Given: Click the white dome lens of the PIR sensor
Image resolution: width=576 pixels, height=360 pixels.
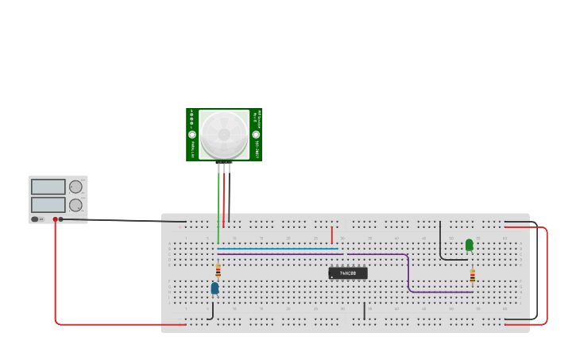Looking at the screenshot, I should [224, 134].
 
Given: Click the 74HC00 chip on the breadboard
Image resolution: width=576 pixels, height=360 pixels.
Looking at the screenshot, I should [348, 273].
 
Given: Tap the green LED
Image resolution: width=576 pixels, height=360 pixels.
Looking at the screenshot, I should [469, 245].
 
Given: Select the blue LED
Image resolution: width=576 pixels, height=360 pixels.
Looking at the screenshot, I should [215, 288].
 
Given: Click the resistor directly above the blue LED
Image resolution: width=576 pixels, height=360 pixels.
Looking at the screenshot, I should [218, 271].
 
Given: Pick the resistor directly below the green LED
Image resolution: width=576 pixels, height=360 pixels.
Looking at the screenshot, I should [472, 276].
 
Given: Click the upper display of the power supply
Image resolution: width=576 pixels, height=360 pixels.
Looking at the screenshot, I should [48, 187].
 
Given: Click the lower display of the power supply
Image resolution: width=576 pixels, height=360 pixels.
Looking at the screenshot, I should [48, 204].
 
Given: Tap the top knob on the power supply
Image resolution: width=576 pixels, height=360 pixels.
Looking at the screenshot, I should [75, 187].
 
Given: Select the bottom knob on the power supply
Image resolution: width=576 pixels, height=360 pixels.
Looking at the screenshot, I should [75, 205].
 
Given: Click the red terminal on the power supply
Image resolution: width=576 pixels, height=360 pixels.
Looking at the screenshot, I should [55, 219].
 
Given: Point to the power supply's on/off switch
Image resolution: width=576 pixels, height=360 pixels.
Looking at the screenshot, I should [35, 219].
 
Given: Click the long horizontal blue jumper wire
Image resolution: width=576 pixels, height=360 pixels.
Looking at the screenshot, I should [278, 249].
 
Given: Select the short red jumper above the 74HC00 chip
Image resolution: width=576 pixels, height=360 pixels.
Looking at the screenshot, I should [332, 234].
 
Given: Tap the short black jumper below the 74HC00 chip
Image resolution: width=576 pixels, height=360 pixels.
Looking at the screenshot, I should [364, 311].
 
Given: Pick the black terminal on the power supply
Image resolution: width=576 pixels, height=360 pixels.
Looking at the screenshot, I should [61, 219].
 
